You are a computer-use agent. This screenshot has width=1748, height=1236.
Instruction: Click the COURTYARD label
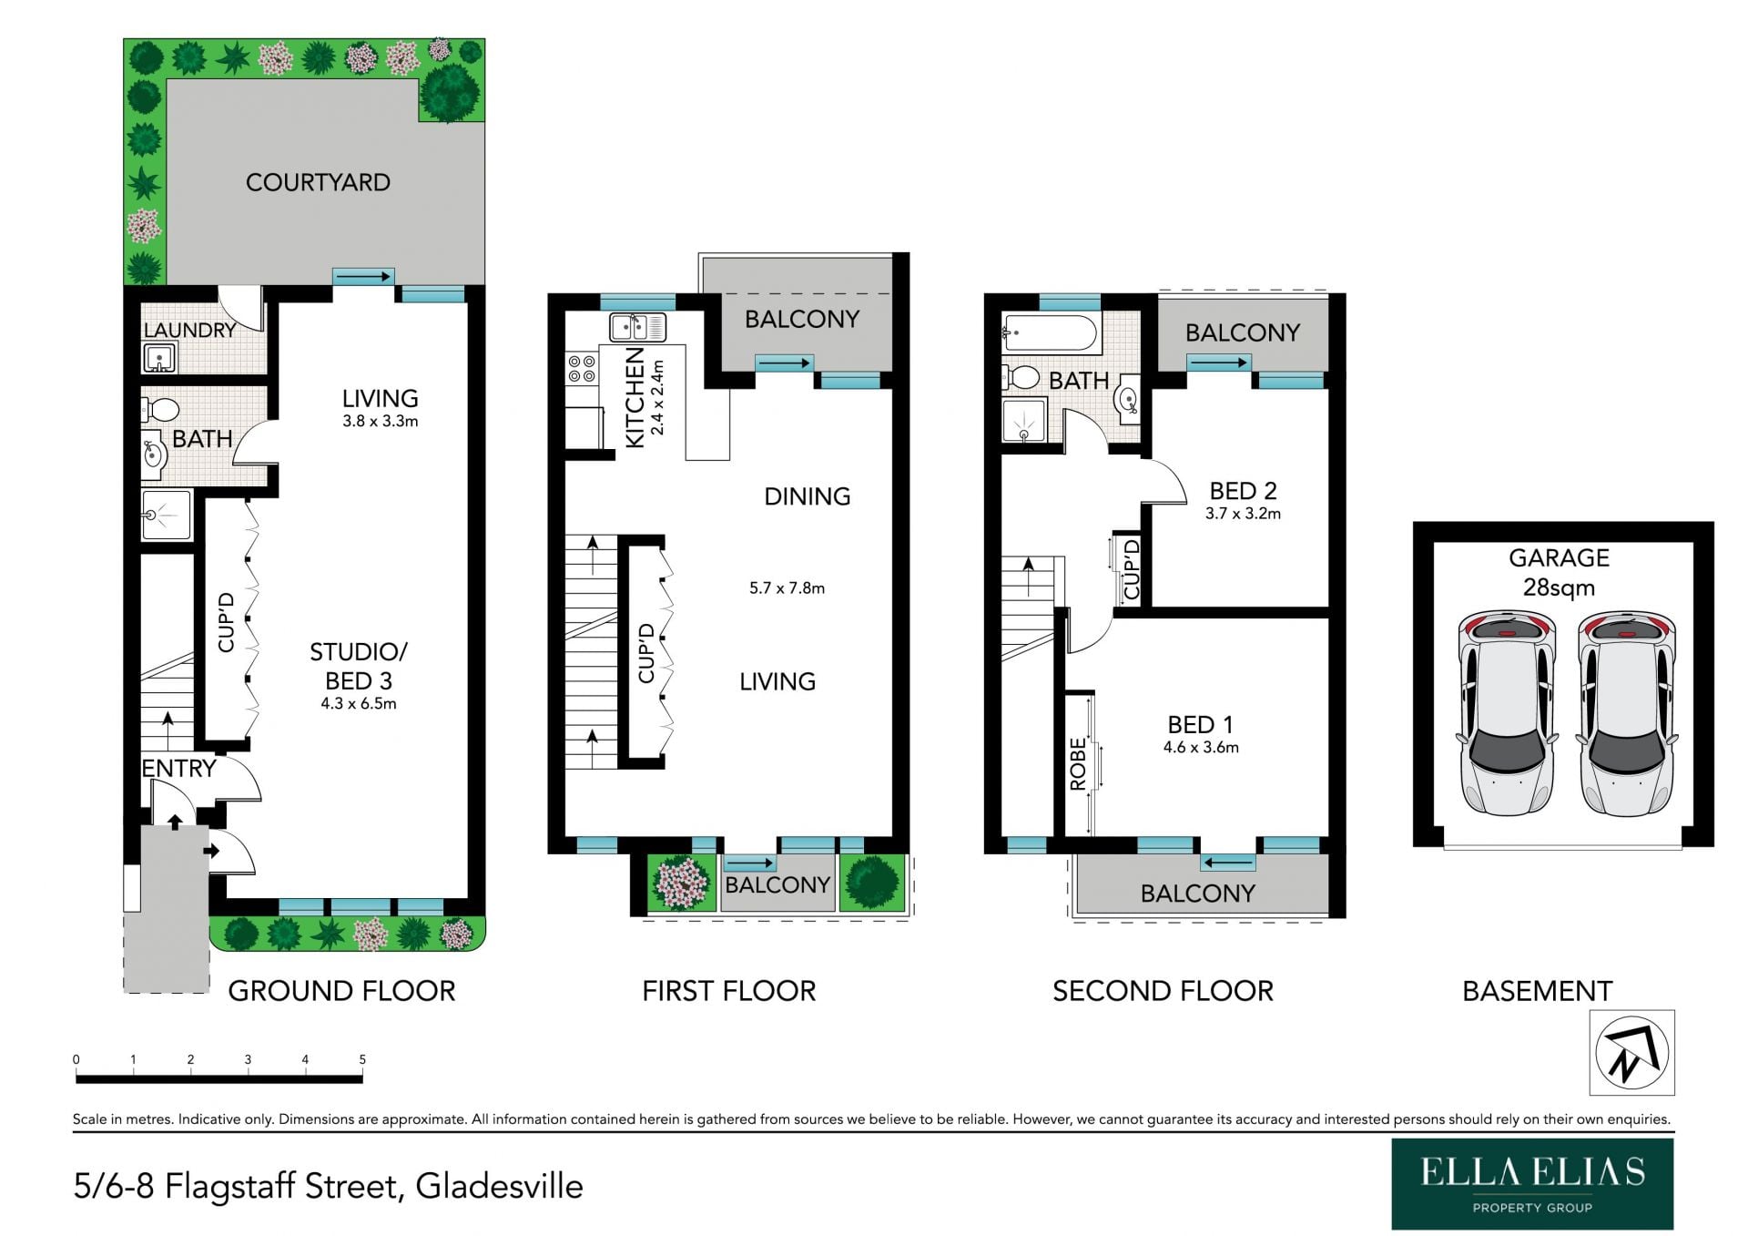point(318,182)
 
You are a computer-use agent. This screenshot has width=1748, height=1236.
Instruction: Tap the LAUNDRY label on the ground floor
point(189,330)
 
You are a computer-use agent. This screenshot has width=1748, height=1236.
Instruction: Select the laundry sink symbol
point(159,358)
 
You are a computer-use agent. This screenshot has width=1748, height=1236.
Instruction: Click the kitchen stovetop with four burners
point(582,369)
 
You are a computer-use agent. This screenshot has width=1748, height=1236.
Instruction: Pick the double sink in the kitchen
point(637,327)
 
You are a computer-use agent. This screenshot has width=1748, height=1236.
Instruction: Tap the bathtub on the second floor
point(1050,334)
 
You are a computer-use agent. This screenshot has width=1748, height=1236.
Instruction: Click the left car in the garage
point(1507,713)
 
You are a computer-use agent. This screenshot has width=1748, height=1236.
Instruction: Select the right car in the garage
point(1626,713)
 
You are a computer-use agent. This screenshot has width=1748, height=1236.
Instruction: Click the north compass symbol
point(1631,1052)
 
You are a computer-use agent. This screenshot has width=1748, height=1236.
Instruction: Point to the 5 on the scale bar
point(362,1059)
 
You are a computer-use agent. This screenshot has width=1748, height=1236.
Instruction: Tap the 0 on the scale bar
point(76,1059)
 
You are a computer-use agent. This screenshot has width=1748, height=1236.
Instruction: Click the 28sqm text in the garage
point(1559,587)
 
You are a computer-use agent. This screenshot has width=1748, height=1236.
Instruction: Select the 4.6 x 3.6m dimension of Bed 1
point(1201,748)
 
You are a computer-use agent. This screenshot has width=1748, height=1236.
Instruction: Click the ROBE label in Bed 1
point(1078,763)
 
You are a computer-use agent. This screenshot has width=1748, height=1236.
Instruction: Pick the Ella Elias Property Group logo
point(1532,1183)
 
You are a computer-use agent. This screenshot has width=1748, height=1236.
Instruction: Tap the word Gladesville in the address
point(499,1186)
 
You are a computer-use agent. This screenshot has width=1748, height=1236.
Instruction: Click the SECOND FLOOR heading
point(1163,991)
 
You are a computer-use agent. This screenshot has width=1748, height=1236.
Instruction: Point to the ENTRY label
point(178,769)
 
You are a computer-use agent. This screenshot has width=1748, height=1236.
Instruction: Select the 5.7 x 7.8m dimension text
point(787,588)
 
